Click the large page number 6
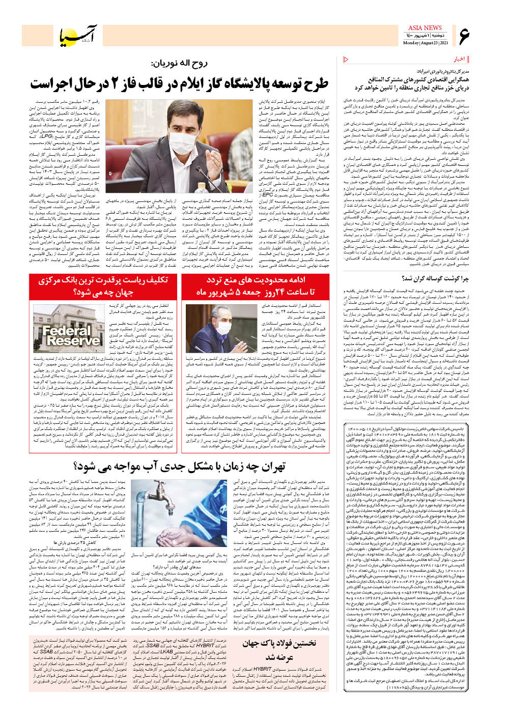(465, 37)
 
